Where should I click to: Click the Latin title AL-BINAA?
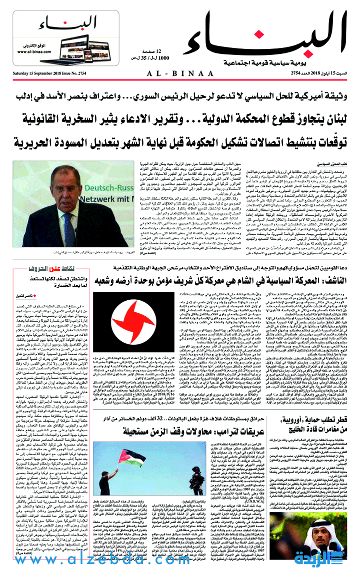(x=179, y=72)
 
